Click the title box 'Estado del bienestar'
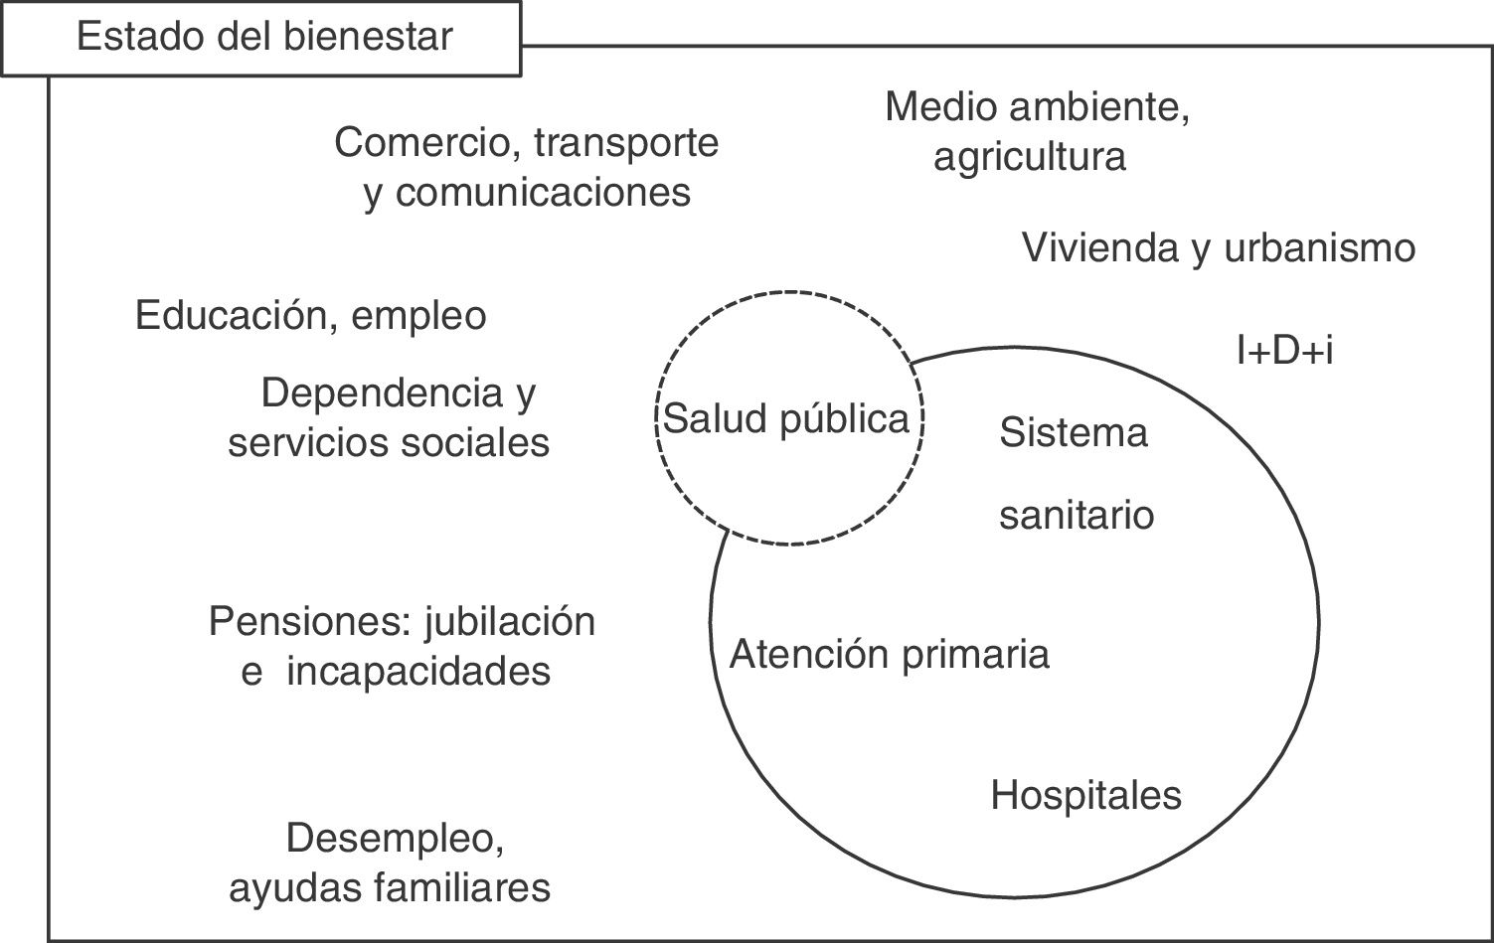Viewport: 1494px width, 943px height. click(263, 38)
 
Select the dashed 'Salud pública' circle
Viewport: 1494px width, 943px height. click(787, 418)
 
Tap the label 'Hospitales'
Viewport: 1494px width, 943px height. click(1085, 795)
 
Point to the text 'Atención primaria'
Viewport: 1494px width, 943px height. click(890, 654)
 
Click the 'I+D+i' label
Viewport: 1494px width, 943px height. click(1283, 350)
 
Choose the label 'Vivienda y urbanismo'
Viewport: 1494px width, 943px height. click(1218, 247)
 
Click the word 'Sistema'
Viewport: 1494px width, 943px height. click(1073, 432)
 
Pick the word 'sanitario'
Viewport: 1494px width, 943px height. click(1076, 515)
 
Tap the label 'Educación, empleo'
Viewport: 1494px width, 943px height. click(310, 316)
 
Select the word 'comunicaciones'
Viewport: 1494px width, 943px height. click(543, 192)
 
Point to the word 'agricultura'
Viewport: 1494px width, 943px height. click(1029, 156)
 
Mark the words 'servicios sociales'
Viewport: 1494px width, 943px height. click(389, 442)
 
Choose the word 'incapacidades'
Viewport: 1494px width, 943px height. click(418, 672)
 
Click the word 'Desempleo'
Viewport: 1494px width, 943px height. click(394, 839)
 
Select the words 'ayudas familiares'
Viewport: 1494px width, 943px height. click(390, 887)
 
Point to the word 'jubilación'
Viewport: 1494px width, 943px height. click(510, 622)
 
